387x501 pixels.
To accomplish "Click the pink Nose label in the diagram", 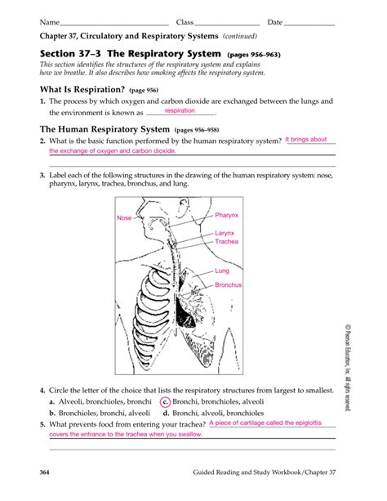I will (124, 218).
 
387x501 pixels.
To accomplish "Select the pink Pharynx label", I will (226, 215).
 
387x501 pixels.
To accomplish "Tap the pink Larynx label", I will (225, 233).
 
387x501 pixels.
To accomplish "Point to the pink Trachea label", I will (226, 242).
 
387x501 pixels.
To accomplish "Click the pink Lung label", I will (222, 271).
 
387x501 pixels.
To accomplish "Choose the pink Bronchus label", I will (229, 284).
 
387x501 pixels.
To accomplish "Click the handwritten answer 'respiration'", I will (181, 110).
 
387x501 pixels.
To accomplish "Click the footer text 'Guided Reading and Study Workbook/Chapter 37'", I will (264, 475).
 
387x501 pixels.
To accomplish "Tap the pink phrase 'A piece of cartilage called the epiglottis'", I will (265, 423).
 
